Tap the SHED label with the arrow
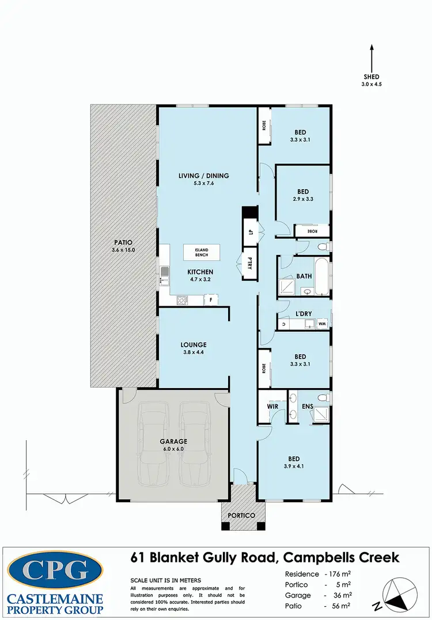(x=372, y=79)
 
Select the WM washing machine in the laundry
(x=322, y=324)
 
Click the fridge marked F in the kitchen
(x=211, y=300)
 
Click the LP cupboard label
(x=251, y=232)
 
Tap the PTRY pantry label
(x=251, y=267)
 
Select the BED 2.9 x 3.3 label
(x=303, y=195)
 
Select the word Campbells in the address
(x=313, y=558)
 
